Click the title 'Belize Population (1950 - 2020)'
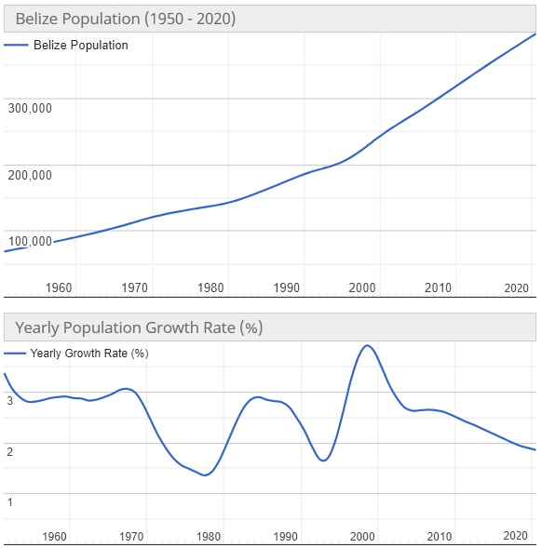tap(125, 19)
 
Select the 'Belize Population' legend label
tap(80, 45)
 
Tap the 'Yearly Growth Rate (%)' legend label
tap(89, 354)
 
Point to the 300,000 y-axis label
tap(30, 108)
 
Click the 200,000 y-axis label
tap(30, 175)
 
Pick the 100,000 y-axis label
tap(30, 242)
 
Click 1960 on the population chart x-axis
tap(59, 287)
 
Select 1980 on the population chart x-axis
tap(210, 287)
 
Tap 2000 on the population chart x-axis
tap(362, 287)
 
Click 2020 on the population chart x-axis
tap(515, 287)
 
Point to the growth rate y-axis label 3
tap(10, 401)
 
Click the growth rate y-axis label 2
tap(10, 452)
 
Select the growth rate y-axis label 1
tap(10, 503)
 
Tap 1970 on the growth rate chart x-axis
tap(131, 537)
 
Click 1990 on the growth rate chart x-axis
tap(285, 537)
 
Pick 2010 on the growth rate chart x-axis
tap(439, 537)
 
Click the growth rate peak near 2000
tap(367, 346)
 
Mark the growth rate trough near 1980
tap(205, 474)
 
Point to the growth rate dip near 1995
tap(323, 461)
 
